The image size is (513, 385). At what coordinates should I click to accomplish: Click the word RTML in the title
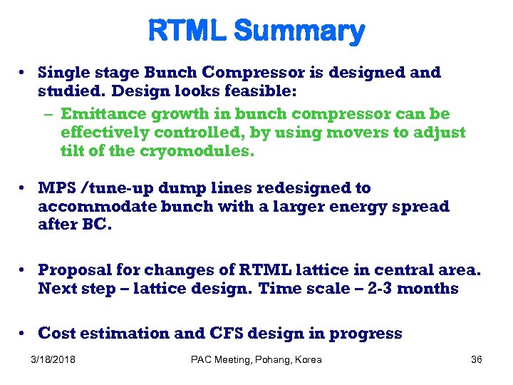click(x=187, y=31)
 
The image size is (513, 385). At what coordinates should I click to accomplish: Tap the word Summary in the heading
click(x=299, y=31)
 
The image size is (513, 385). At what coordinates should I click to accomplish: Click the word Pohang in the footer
click(x=269, y=359)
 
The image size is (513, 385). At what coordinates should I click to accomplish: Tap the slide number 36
click(x=477, y=359)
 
